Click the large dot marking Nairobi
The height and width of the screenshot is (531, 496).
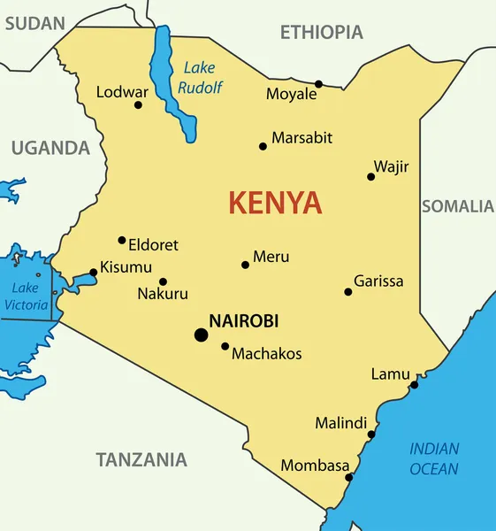click(x=202, y=335)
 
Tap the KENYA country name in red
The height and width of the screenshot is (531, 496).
click(x=275, y=204)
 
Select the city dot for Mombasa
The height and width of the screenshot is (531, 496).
click(x=349, y=477)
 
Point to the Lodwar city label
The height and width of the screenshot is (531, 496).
click(x=122, y=91)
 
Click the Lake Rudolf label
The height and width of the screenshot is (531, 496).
click(x=201, y=77)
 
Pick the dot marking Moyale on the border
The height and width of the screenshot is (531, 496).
click(x=319, y=84)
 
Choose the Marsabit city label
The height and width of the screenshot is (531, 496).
click(x=301, y=137)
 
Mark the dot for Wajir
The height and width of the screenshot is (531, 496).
click(x=371, y=177)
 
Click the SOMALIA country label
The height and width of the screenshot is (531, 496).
click(x=457, y=206)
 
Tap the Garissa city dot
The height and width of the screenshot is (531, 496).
click(x=348, y=292)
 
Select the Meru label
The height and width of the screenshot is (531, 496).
click(x=271, y=258)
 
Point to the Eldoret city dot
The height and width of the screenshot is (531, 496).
click(x=122, y=240)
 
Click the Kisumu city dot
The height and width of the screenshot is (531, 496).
click(x=94, y=273)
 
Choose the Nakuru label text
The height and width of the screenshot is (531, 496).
click(x=163, y=294)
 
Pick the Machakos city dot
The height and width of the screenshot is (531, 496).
click(x=225, y=347)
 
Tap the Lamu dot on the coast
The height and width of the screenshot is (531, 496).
click(x=414, y=384)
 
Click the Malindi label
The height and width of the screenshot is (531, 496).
click(x=340, y=423)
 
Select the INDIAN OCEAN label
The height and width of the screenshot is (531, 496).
click(x=434, y=458)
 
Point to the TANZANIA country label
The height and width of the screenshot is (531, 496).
click(x=141, y=459)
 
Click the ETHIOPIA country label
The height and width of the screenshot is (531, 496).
click(x=322, y=33)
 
